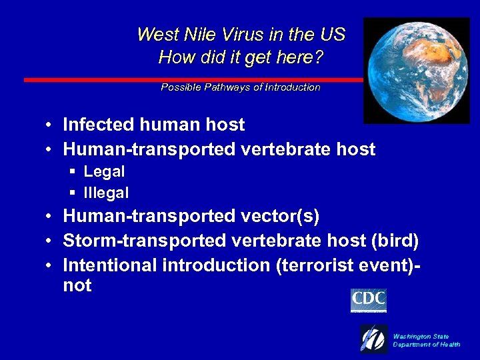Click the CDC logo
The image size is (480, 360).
[x=368, y=300]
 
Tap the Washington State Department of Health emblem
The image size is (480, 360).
[x=374, y=339]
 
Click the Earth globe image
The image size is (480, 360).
[x=416, y=70]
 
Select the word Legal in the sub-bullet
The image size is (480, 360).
[x=104, y=171]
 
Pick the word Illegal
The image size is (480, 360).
[x=106, y=193]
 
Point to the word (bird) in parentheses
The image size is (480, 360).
[x=396, y=241]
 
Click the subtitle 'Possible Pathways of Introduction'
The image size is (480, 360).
[x=241, y=87]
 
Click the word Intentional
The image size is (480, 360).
[x=109, y=265]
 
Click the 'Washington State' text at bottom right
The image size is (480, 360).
[x=421, y=337]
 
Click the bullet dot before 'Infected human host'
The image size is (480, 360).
[x=50, y=125]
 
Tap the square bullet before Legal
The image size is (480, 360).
[x=73, y=172]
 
